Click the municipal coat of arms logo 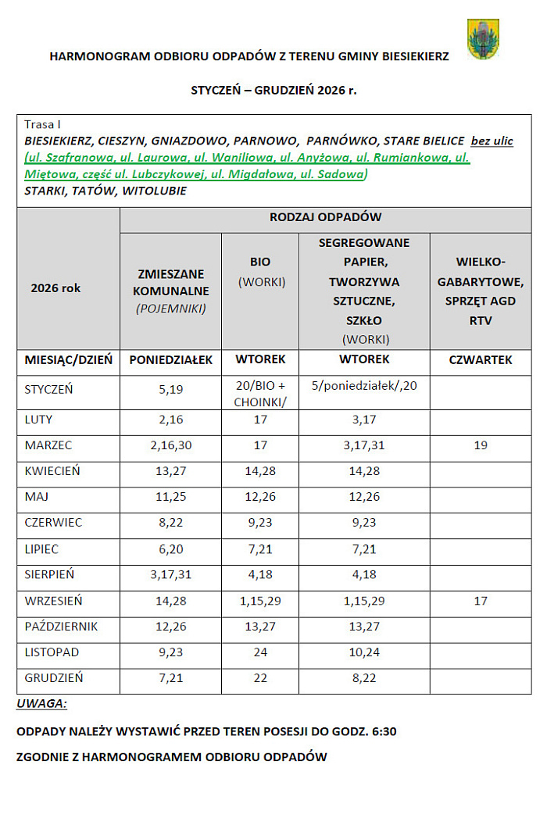coord(483,40)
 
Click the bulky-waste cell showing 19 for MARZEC coord(480,445)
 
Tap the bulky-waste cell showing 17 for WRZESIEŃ coord(480,601)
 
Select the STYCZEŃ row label coord(48,389)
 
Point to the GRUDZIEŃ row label coord(54,677)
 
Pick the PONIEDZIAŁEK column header coord(170,360)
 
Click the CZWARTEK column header coord(480,360)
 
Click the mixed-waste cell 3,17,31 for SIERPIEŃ coord(170,574)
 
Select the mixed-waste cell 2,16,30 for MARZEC coord(170,445)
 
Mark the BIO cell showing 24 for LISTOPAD coord(259,652)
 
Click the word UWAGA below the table coord(41,704)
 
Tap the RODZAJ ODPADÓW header coord(325,217)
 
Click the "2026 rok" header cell coord(55,288)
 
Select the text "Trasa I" coord(42,124)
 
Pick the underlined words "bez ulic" coord(492,141)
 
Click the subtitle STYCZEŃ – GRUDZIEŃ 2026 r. coord(273,90)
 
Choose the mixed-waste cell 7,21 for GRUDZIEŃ coord(170,677)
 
